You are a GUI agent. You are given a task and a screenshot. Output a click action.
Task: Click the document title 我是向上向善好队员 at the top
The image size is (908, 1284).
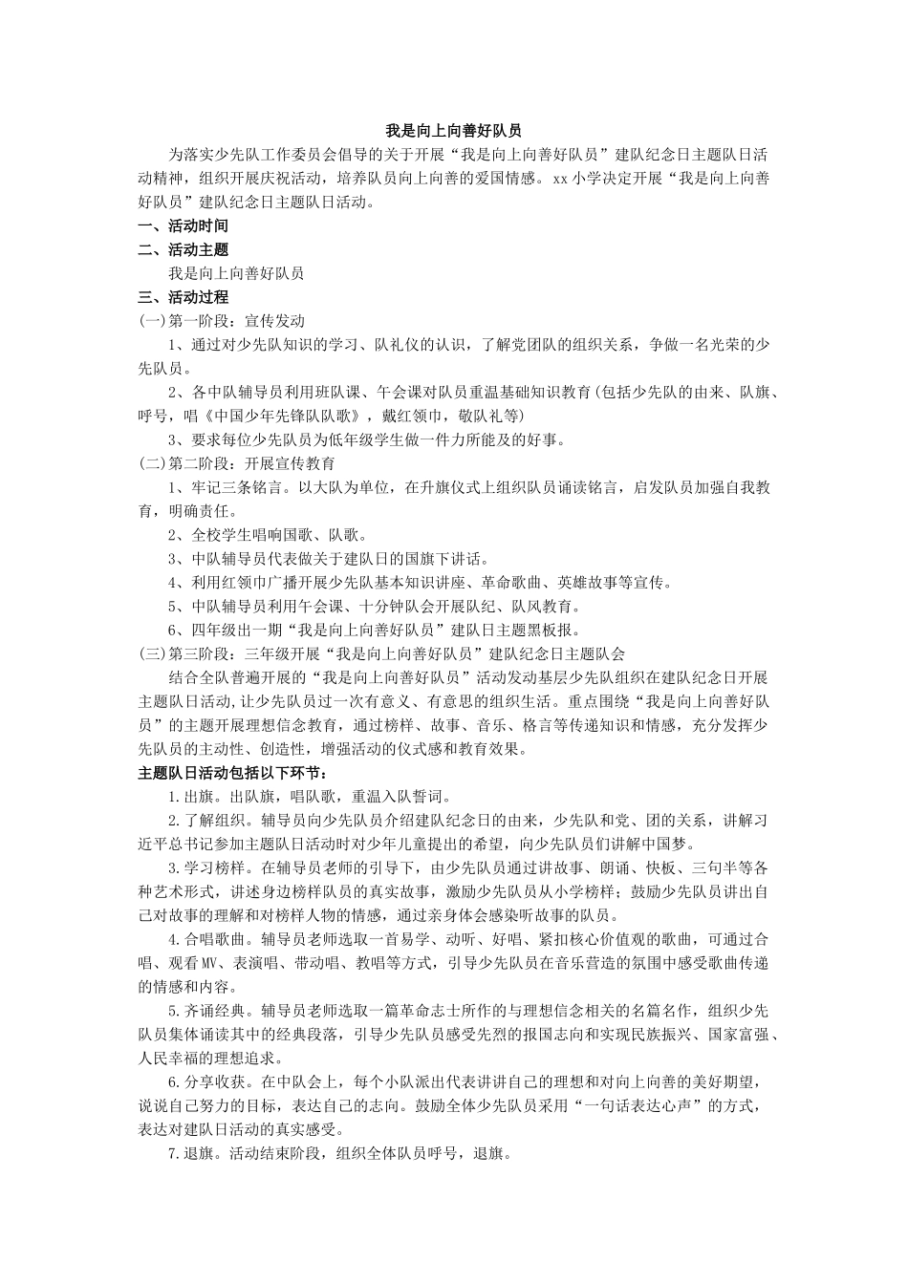(453, 131)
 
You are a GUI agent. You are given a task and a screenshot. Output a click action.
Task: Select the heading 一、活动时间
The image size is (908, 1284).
(184, 226)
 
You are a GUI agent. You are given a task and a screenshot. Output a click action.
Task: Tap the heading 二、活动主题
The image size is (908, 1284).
(184, 250)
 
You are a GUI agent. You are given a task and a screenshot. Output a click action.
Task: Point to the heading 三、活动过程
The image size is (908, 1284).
(184, 297)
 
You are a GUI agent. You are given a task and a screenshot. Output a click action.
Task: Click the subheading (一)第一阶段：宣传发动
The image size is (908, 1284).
(222, 321)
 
